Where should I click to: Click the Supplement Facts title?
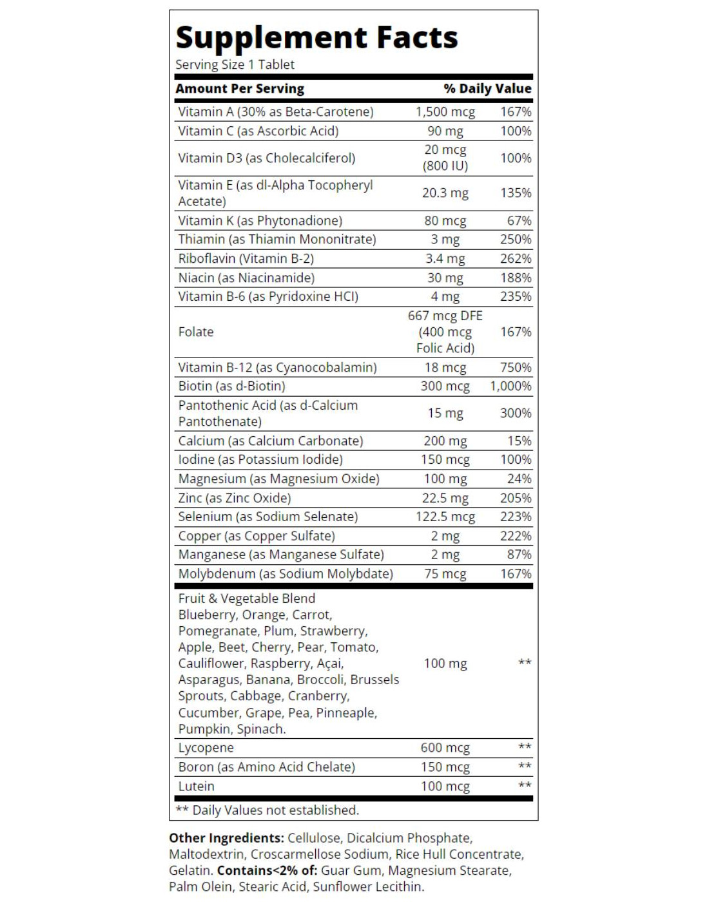316,37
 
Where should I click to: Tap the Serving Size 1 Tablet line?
235,64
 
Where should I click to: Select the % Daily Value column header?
487,88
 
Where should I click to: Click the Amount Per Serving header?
240,88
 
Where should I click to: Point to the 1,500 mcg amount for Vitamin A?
445,111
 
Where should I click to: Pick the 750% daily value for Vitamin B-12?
516,367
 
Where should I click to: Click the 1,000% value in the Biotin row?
510,386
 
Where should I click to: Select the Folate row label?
196,332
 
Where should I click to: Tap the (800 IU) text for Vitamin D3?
445,166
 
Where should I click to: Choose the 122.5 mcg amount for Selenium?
445,517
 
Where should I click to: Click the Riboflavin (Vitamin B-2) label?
246,258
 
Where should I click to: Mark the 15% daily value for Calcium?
519,441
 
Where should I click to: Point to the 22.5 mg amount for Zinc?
445,498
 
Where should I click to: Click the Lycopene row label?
206,748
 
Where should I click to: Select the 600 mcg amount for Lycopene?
445,748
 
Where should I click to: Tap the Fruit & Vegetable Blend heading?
247,598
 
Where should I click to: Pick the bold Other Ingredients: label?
226,838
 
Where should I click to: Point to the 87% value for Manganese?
519,555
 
